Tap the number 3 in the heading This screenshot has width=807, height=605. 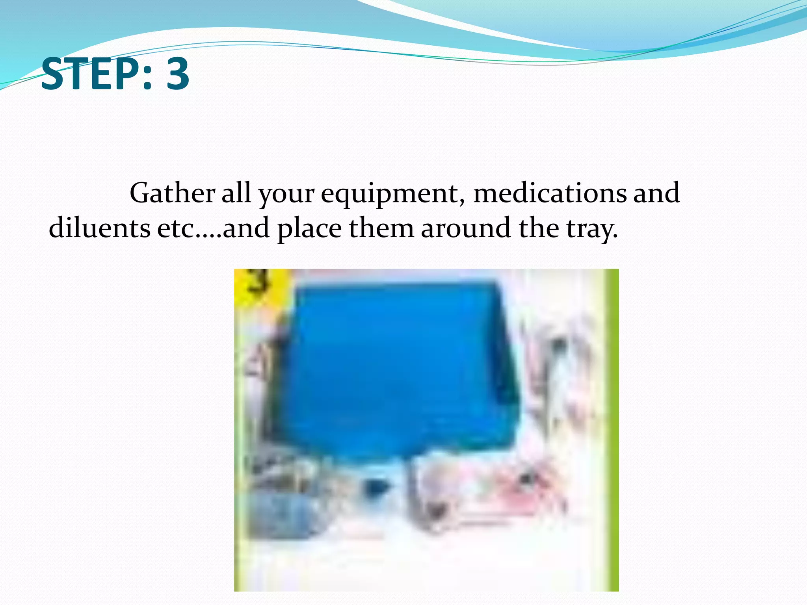tap(178, 74)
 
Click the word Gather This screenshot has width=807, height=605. tap(172, 193)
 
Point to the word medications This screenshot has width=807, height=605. tap(550, 193)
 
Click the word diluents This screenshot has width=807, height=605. tap(99, 228)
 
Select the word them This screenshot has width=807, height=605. tap(381, 228)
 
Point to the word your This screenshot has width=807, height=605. tap(286, 195)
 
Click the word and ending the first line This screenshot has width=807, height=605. tap(656, 193)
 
